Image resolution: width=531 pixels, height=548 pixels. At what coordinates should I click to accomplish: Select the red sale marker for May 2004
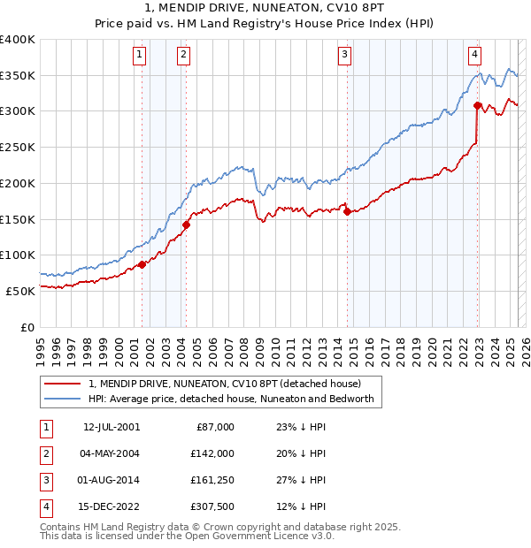coord(186,225)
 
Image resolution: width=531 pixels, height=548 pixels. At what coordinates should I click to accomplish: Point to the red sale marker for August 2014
coord(347,211)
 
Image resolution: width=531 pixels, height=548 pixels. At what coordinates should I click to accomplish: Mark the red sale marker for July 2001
coord(142,264)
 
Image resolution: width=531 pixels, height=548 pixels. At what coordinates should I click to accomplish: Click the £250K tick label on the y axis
coord(18,147)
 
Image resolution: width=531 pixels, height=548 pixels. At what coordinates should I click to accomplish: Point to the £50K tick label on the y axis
coord(20,290)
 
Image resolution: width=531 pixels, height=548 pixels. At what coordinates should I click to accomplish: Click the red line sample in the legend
coord(62,384)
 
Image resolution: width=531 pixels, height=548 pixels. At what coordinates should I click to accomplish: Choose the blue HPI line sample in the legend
coord(62,399)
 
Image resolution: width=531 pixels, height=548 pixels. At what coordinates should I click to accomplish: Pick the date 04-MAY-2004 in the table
coord(109,453)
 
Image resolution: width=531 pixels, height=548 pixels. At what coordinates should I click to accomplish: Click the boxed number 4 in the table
coord(44,506)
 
